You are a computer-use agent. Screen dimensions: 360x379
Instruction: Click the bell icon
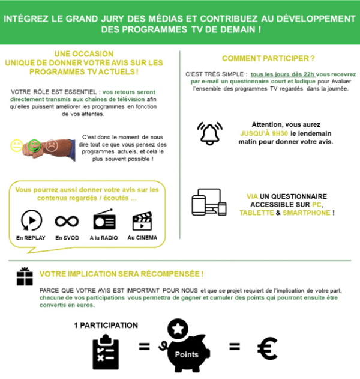click(209, 133)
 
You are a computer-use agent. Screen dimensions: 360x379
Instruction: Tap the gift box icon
click(25, 276)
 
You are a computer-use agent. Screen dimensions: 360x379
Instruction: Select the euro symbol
click(267, 348)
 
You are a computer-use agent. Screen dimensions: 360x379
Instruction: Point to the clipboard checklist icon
click(106, 352)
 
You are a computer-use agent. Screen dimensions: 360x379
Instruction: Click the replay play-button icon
click(31, 220)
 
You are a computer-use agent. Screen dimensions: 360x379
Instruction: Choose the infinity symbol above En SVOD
click(67, 221)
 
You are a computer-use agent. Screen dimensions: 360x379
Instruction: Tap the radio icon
click(104, 219)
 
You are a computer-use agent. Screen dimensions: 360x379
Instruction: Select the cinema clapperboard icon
click(142, 221)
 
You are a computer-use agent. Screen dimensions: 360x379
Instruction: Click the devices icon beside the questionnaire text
click(209, 202)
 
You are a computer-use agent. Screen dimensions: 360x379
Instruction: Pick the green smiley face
click(34, 145)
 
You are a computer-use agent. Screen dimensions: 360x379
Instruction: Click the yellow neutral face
click(17, 145)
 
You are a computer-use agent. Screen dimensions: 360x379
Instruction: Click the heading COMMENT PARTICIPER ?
click(268, 58)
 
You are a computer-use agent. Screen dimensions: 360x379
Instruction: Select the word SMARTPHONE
click(307, 213)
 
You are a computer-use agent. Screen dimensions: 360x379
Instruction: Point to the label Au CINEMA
click(142, 238)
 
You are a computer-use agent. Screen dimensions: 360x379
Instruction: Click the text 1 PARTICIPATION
click(106, 326)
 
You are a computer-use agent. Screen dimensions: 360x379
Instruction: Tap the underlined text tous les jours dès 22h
click(283, 74)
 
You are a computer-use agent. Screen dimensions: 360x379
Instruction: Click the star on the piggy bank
click(178, 329)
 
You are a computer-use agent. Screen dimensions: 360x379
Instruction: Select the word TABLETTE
click(257, 213)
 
